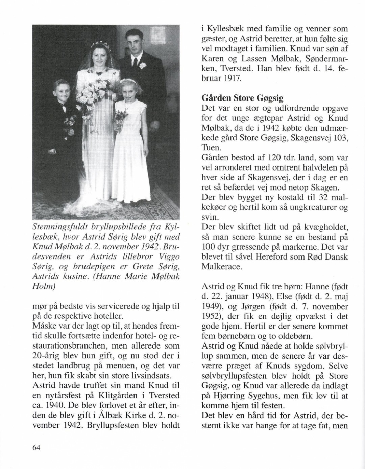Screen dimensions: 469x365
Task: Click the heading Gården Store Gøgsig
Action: (242, 98)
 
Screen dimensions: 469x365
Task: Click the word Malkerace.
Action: (222, 266)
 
